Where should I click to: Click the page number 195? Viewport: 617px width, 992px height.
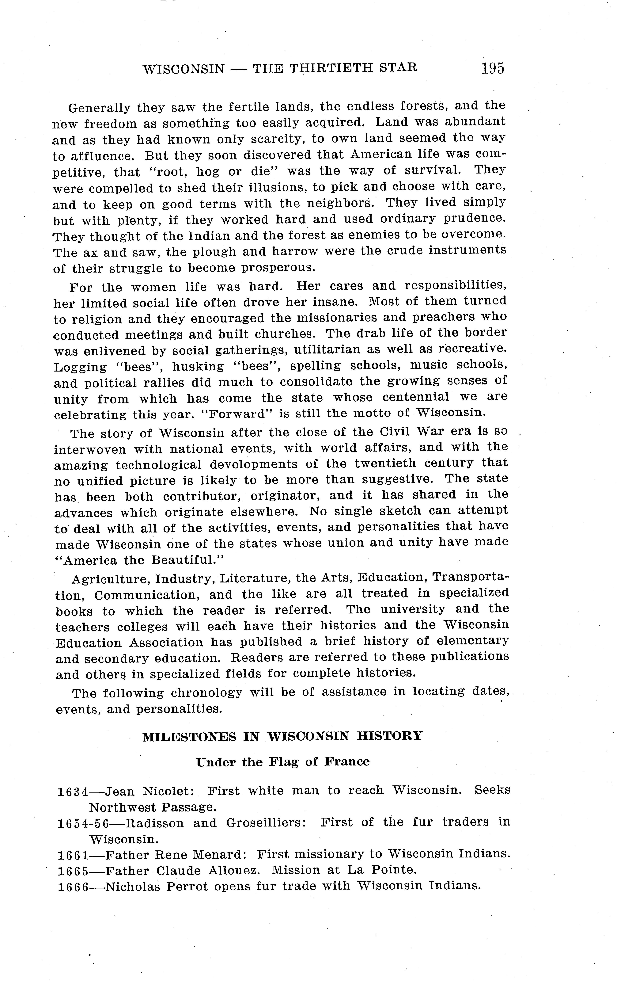(x=493, y=68)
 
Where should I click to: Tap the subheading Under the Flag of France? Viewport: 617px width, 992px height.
(x=283, y=762)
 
